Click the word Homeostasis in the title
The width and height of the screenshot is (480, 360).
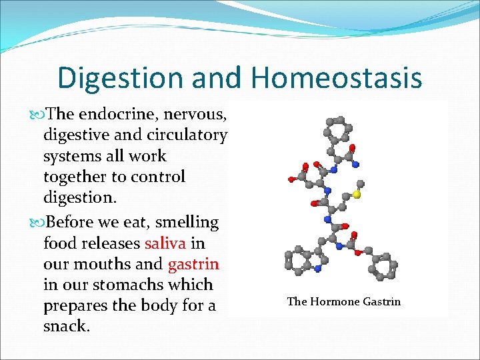[x=336, y=77]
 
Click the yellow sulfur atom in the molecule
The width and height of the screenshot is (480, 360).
[x=357, y=195]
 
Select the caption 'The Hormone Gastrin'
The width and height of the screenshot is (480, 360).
[x=343, y=301]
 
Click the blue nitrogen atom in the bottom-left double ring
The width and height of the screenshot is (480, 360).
[x=318, y=269]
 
